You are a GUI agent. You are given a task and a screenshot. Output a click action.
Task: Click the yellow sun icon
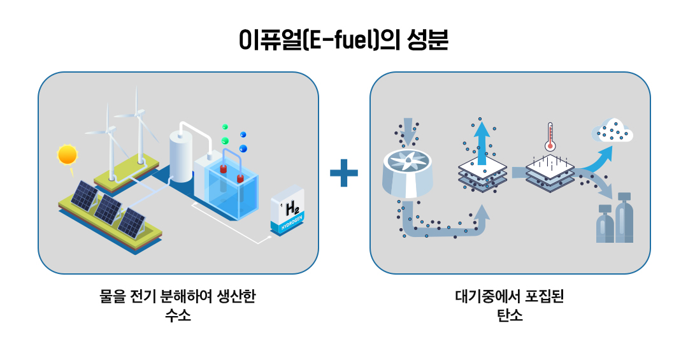67,155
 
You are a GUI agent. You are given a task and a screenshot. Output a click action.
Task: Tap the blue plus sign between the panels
344,173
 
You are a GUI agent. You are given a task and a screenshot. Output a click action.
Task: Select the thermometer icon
548,137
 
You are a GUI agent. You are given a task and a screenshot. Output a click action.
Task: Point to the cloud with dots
612,131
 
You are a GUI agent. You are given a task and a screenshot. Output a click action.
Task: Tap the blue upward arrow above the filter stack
482,139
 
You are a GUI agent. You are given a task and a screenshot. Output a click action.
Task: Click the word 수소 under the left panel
178,315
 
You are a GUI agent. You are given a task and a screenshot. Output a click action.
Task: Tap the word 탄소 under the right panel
510,315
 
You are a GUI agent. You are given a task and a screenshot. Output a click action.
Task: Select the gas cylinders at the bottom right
615,220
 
